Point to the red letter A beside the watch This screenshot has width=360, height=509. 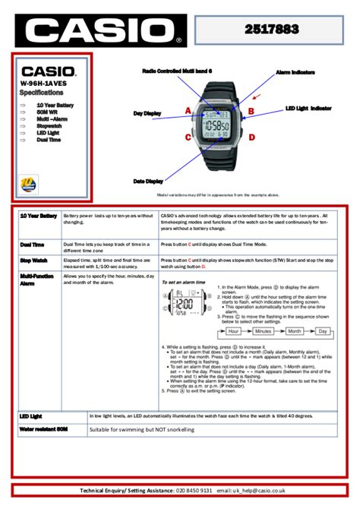click(x=188, y=111)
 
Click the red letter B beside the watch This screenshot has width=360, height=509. click(x=250, y=111)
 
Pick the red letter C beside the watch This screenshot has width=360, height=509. click(x=188, y=138)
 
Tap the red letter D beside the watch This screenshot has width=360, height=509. click(x=250, y=138)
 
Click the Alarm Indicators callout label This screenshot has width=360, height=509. click(x=296, y=70)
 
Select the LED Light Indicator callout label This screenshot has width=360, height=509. click(x=308, y=109)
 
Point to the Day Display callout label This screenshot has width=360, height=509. click(x=147, y=113)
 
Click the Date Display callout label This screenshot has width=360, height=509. click(x=148, y=181)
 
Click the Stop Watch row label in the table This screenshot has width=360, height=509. click(x=33, y=260)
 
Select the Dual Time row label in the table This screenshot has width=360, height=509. click(x=32, y=245)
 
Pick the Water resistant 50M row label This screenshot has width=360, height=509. click(x=43, y=429)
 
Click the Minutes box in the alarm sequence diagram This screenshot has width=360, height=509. click(x=263, y=331)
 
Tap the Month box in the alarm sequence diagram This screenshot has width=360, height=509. click(x=295, y=331)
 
